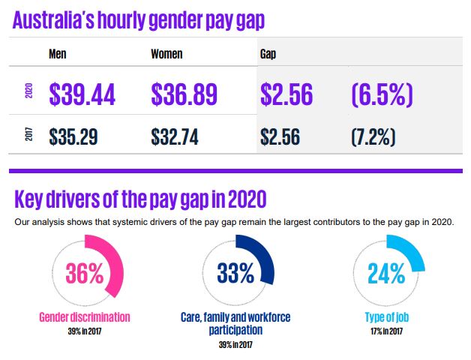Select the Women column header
point(166,54)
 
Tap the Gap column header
point(268,54)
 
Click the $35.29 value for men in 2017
point(73,136)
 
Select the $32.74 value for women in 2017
point(175,136)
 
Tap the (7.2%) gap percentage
point(373,136)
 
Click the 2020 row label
point(28,94)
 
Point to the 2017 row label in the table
point(28,136)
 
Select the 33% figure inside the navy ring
point(236,273)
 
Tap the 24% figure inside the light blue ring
point(387,273)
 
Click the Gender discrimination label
point(84,316)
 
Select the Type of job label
point(386,316)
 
